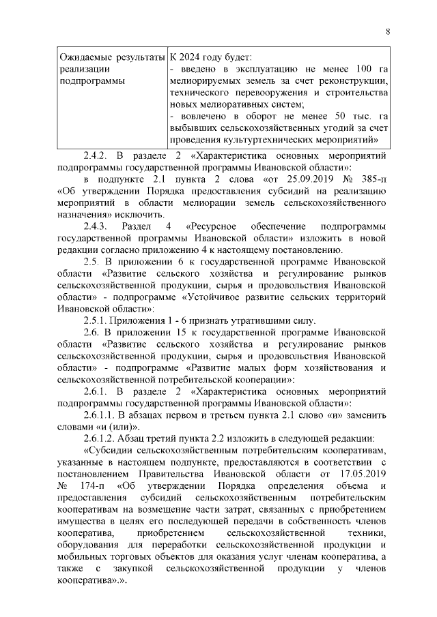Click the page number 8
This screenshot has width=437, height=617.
(387, 31)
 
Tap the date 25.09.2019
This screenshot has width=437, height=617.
(302, 179)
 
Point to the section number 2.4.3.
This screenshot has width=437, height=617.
(96, 226)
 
